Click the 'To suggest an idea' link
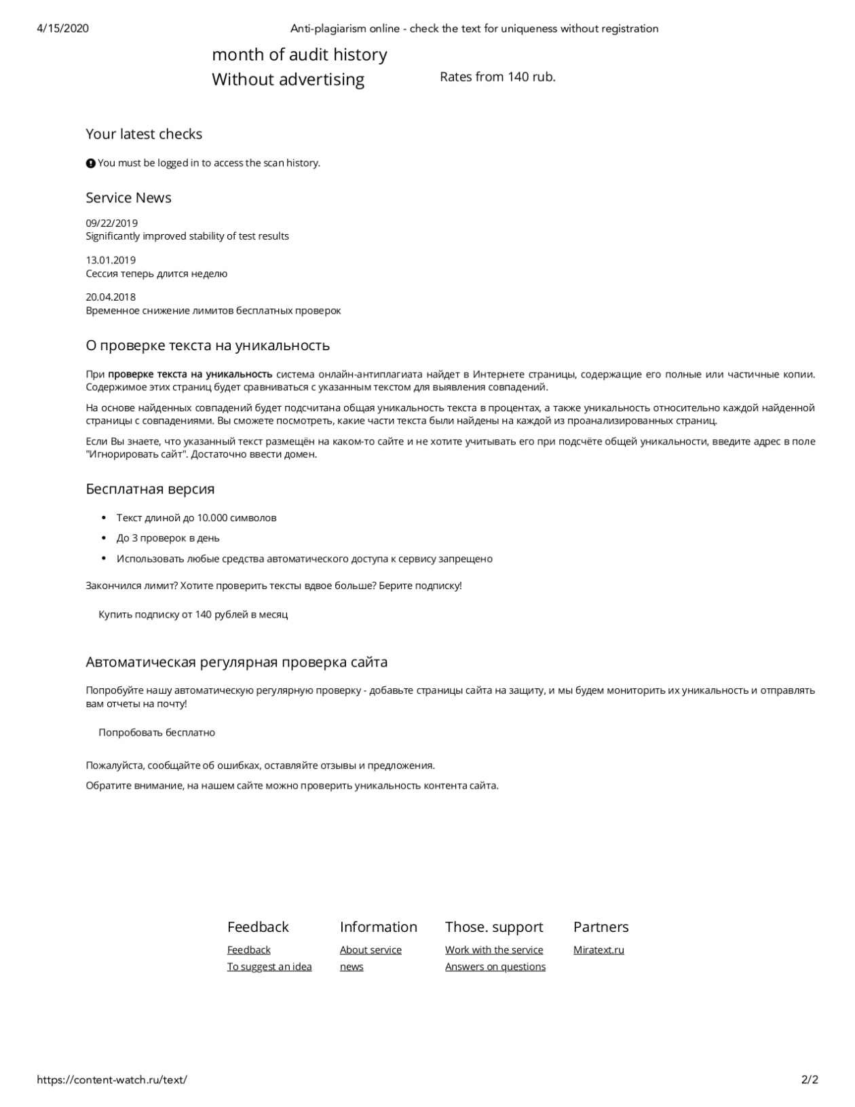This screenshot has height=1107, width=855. tap(269, 967)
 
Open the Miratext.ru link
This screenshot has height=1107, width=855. tap(598, 950)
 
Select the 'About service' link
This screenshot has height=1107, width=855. tap(370, 950)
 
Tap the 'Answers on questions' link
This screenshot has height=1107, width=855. tap(495, 967)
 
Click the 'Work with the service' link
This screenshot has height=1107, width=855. tap(494, 950)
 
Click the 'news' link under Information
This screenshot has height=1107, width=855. tap(351, 967)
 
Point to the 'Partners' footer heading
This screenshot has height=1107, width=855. tap(601, 926)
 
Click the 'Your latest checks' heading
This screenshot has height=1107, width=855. tap(144, 134)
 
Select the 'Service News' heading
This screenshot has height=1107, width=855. tap(128, 198)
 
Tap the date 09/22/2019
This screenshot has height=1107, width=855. tap(111, 223)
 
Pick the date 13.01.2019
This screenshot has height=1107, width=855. tap(111, 260)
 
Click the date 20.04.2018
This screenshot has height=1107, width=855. tap(111, 297)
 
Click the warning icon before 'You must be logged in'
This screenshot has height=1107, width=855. tap(90, 163)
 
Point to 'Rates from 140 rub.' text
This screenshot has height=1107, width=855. tap(497, 77)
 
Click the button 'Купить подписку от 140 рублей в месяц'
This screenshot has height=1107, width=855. tap(193, 614)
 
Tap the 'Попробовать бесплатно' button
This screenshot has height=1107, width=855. tap(157, 732)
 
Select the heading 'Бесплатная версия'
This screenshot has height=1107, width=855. tap(150, 489)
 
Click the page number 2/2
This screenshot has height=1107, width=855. tap(810, 1079)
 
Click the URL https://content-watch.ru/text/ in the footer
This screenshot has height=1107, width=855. tap(112, 1079)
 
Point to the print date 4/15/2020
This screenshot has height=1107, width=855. tap(62, 29)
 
